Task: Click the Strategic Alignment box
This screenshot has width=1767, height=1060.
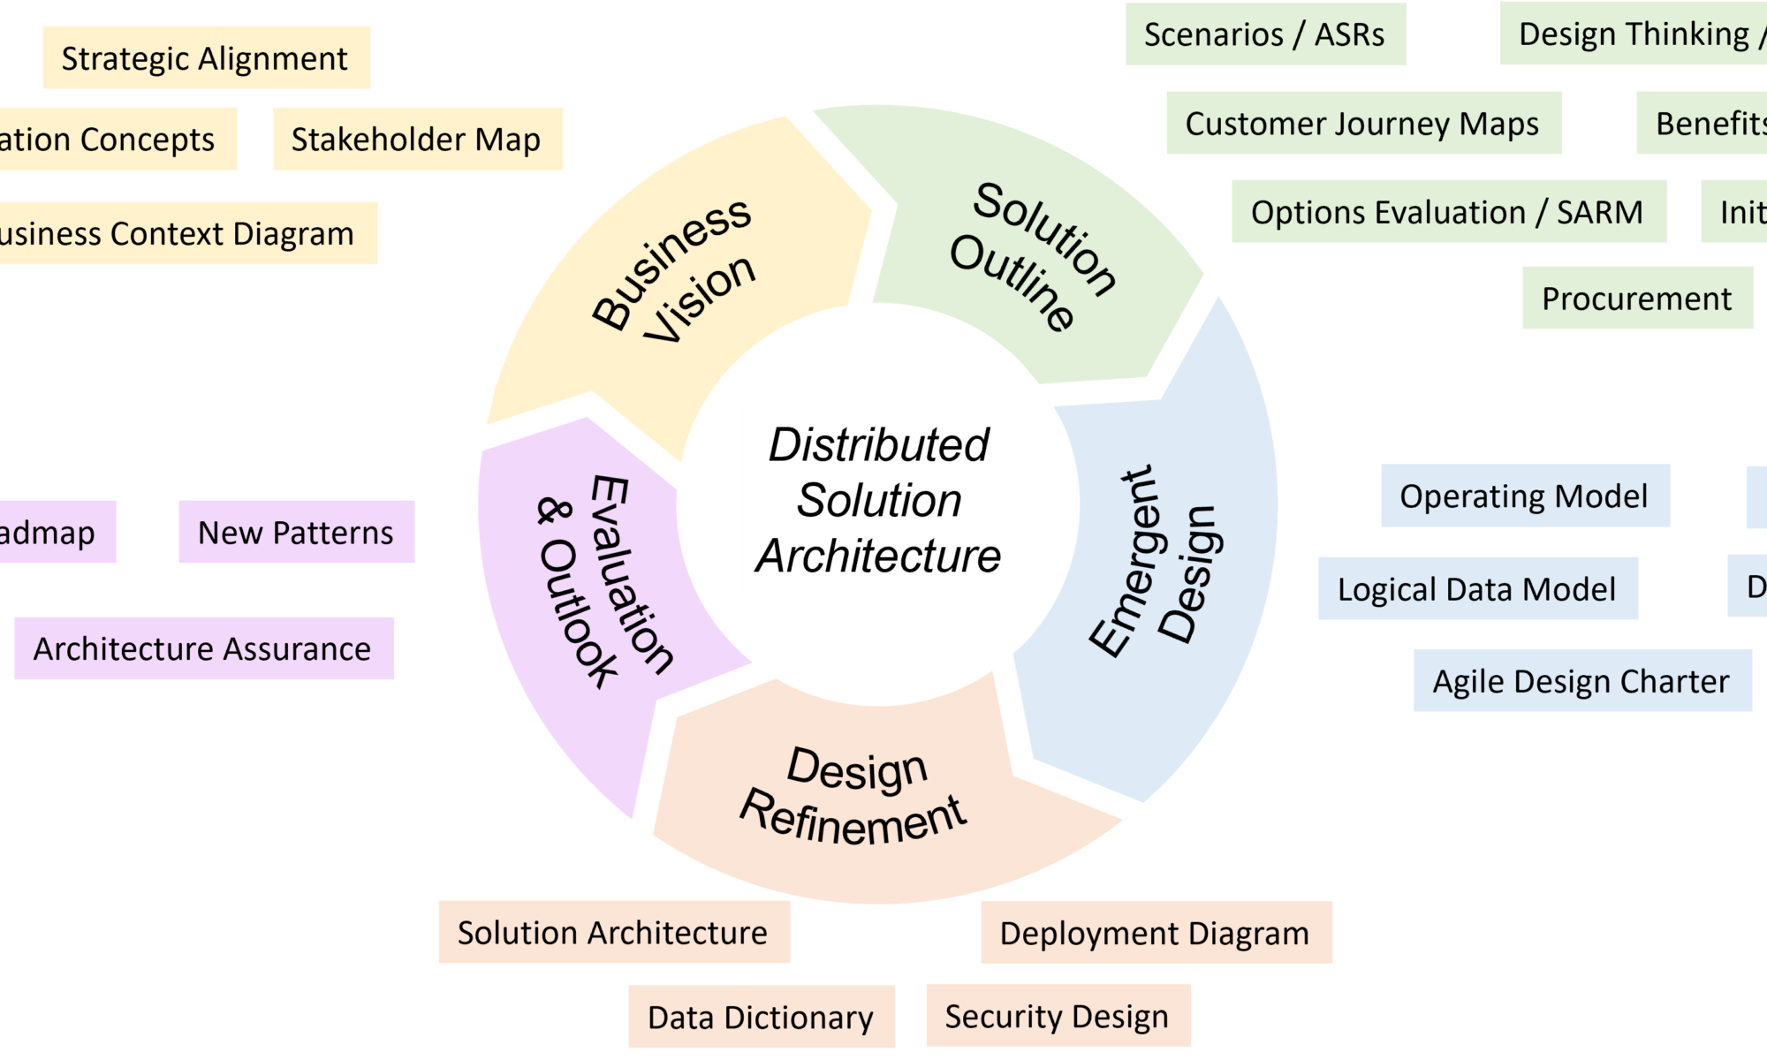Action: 206,57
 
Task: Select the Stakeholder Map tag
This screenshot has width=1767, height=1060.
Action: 417,139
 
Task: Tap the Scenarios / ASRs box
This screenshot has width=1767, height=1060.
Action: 1265,34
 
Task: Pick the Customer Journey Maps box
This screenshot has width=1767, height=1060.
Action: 1363,123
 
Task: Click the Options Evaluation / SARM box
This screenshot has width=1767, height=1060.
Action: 1449,212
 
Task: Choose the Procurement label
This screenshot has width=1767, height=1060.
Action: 1636,299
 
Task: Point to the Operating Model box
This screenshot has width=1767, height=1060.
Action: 1524,496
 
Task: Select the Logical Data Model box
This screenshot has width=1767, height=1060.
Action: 1477,588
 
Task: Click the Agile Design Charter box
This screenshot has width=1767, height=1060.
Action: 1581,680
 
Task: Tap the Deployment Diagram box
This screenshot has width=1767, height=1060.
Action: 1156,933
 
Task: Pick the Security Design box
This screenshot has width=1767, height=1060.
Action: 1058,1016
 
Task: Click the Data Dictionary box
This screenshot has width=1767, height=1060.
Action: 761,1017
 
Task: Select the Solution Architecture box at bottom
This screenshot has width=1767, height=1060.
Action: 613,932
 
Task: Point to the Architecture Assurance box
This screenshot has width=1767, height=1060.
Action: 203,648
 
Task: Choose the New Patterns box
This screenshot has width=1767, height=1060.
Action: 296,532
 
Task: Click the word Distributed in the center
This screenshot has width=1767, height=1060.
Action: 878,444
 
